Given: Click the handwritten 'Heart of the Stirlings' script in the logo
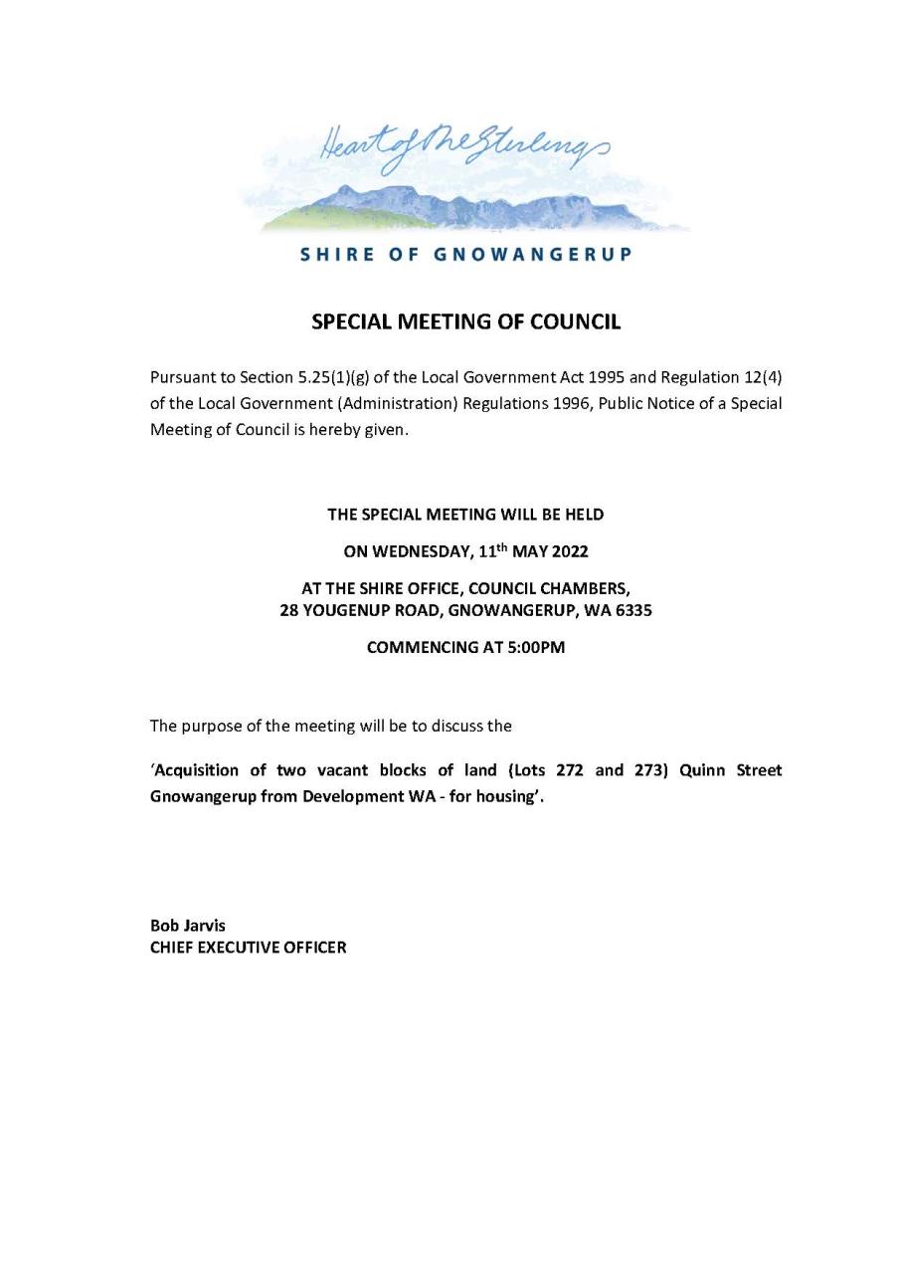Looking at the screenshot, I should [x=461, y=151].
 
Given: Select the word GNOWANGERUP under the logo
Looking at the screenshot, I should [x=532, y=254].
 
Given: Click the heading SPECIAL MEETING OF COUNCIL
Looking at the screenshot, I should [x=465, y=321].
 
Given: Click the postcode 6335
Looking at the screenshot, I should [x=633, y=610].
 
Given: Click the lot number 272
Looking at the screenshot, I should [x=563, y=770].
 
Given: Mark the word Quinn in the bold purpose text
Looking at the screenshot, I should [x=702, y=770].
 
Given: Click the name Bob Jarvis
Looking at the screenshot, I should [x=188, y=926].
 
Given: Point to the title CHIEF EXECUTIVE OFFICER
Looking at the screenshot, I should [x=249, y=948].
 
